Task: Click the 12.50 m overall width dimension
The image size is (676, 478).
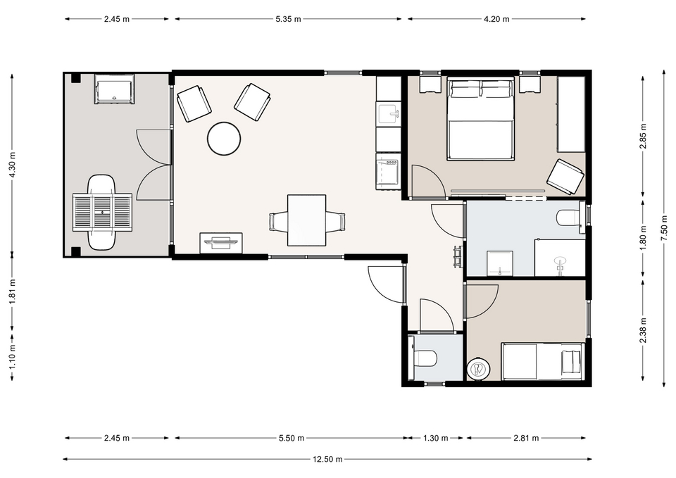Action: [x=327, y=459]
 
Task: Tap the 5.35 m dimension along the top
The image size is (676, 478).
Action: [x=288, y=19]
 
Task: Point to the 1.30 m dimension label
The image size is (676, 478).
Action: [x=435, y=438]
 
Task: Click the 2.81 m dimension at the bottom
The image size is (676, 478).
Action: [x=526, y=438]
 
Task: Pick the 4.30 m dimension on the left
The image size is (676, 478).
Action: [x=12, y=164]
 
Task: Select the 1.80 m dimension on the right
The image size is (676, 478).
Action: [x=643, y=237]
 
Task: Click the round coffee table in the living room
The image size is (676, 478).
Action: [x=224, y=139]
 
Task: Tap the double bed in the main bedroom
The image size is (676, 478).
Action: [x=481, y=118]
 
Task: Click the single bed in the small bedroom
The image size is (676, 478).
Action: [x=543, y=362]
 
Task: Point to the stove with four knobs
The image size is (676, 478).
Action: [x=389, y=172]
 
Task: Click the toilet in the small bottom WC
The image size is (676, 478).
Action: [x=423, y=358]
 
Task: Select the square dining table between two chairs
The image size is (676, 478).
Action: [x=306, y=220]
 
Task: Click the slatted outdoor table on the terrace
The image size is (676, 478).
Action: [x=102, y=213]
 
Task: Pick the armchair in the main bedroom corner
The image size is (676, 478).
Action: [x=565, y=177]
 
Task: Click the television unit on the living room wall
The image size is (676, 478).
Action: [x=220, y=243]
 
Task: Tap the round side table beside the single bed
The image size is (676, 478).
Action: [x=479, y=369]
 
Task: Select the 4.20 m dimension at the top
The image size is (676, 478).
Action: [x=496, y=19]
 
